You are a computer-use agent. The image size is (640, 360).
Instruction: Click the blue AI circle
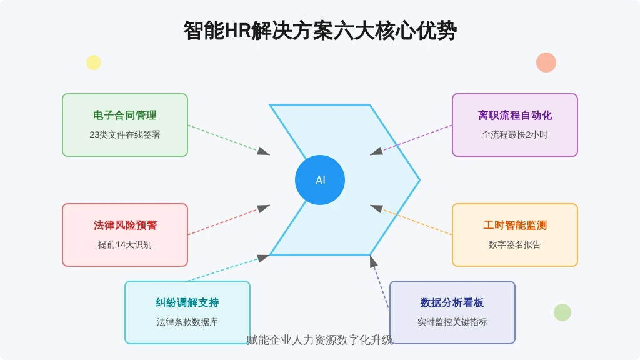click(320, 180)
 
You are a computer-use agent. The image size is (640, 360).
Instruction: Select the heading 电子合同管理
click(125, 116)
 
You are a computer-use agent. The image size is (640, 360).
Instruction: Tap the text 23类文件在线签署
click(125, 135)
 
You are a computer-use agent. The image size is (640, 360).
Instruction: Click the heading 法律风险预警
click(125, 225)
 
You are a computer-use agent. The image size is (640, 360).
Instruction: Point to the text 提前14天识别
click(125, 244)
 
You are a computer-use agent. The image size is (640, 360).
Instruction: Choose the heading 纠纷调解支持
click(187, 303)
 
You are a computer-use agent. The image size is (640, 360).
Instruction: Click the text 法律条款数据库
click(187, 322)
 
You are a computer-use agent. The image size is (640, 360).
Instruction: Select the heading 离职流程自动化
click(515, 116)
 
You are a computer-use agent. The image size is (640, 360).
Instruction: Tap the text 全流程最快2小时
click(515, 135)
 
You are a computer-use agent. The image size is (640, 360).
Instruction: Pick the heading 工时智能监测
click(515, 225)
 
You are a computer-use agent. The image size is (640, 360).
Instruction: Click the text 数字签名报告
click(515, 244)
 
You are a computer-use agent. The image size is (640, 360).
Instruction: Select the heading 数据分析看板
click(452, 303)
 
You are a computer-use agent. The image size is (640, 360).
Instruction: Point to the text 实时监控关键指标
click(452, 322)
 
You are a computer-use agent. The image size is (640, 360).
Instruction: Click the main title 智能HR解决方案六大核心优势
click(320, 31)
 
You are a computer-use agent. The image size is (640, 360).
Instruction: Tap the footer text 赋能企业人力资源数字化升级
click(320, 340)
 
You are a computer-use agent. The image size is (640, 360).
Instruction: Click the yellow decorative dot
click(94, 62)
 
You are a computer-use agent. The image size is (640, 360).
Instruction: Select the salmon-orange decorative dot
click(546, 62)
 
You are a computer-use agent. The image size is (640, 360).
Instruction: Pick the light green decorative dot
click(562, 312)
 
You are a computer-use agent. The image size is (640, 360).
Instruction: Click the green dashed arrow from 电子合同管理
click(229, 140)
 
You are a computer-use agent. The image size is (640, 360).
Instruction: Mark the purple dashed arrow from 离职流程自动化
click(411, 140)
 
